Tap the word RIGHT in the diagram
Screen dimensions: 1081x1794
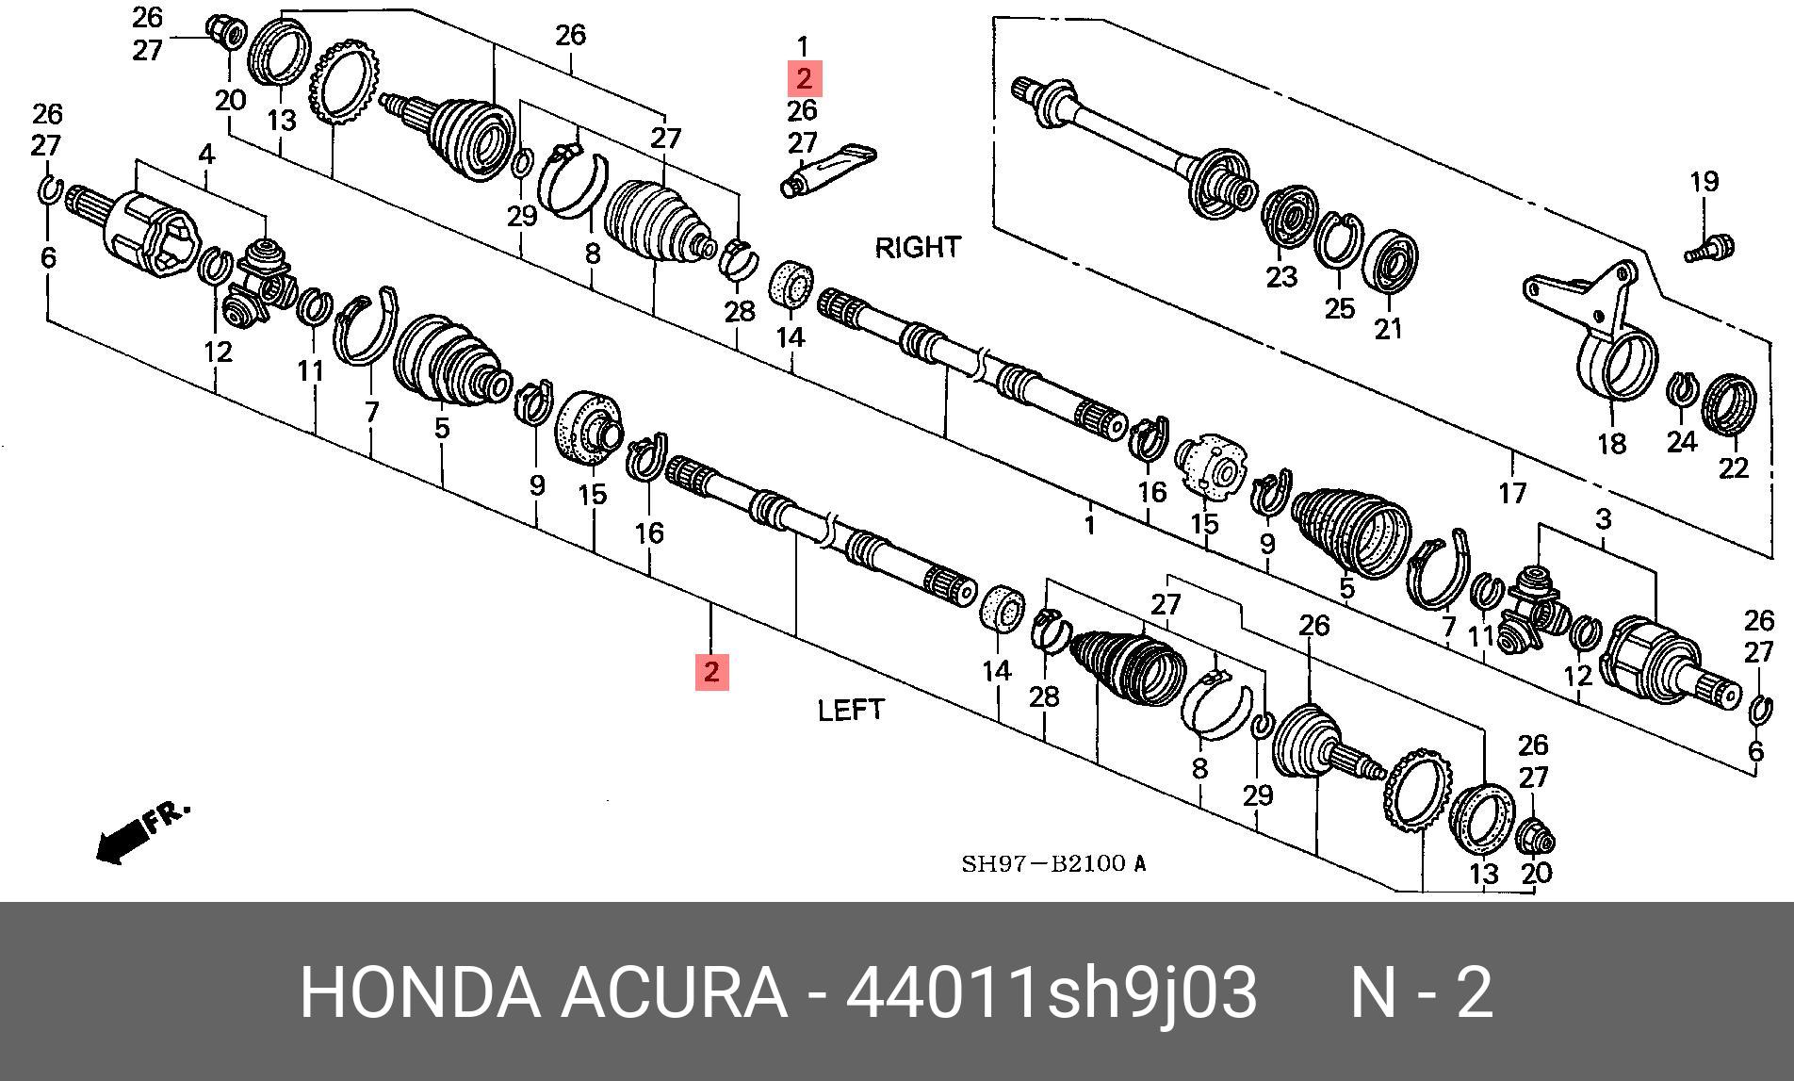(917, 247)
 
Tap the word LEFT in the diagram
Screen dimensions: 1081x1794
(851, 709)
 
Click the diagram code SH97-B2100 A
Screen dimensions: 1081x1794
(1053, 863)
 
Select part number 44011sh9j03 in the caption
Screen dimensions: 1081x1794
(1051, 992)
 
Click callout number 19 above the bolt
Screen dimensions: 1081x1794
(1704, 181)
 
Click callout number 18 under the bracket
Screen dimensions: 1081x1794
(1611, 442)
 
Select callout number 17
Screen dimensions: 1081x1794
(1512, 492)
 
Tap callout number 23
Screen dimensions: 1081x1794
(1280, 276)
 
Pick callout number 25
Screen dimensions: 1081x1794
(1339, 307)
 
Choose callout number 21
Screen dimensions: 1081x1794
(1388, 328)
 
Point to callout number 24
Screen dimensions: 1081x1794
(1681, 440)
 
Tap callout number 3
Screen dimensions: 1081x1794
(1603, 517)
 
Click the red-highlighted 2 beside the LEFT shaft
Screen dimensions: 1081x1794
(711, 672)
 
